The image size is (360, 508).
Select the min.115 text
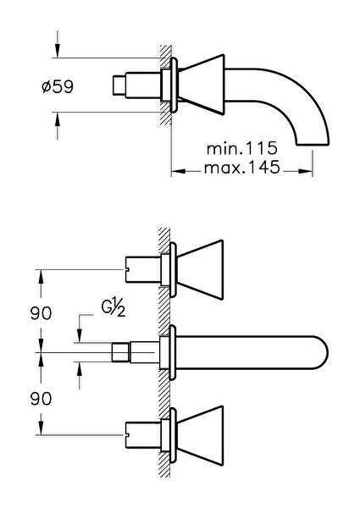(x=241, y=148)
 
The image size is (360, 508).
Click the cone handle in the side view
(x=203, y=85)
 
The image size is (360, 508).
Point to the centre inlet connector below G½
(x=124, y=351)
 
